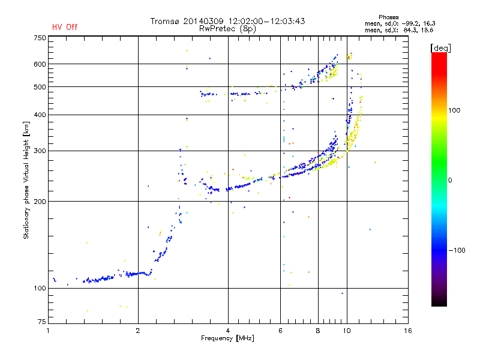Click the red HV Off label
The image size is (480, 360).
[65, 27]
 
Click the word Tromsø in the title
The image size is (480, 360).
[164, 21]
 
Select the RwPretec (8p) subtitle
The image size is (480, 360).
[228, 29]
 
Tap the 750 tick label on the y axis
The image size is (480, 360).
[40, 38]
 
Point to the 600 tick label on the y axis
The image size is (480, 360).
[40, 64]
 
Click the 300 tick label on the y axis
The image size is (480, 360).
[40, 151]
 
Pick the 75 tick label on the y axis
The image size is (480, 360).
[42, 322]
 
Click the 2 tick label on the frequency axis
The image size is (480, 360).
[138, 331]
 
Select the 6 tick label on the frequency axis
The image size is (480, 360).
[280, 331]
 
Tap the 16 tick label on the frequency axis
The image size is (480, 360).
[408, 331]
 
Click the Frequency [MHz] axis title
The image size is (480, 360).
[228, 338]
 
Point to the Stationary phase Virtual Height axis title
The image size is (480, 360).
[26, 181]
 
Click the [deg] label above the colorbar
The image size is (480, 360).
[441, 48]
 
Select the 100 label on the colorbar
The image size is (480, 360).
[454, 110]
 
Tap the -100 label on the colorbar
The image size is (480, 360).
[457, 250]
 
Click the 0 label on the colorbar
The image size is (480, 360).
[450, 181]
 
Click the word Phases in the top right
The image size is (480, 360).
[389, 17]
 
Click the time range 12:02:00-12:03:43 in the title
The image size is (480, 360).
[266, 21]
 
